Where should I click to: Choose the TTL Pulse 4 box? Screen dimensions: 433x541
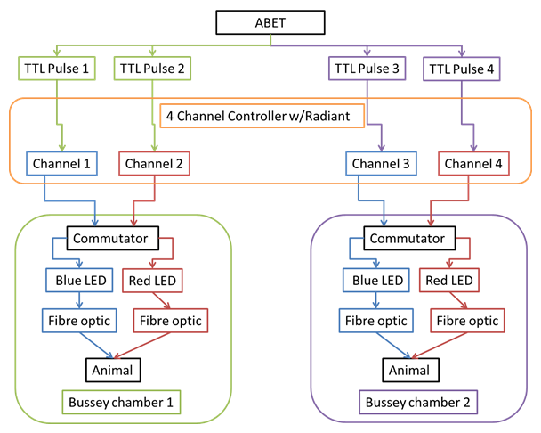(x=463, y=68)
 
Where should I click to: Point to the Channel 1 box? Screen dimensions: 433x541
(x=61, y=164)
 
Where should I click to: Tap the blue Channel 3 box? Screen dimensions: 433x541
(x=380, y=164)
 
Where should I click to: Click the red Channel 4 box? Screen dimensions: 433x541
(x=472, y=164)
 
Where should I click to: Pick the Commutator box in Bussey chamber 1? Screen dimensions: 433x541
(x=112, y=239)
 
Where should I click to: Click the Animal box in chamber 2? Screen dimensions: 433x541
(x=409, y=367)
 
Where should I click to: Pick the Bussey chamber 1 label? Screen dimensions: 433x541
(x=122, y=403)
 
